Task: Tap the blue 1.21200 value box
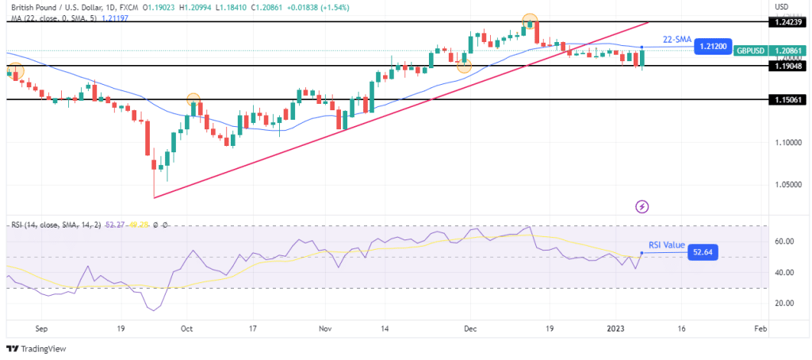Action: (x=711, y=48)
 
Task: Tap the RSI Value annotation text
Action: (x=666, y=245)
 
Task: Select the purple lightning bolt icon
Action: (x=642, y=206)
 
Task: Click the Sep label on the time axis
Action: (x=42, y=327)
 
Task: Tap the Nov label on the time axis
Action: (x=325, y=327)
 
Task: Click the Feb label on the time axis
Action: (x=760, y=327)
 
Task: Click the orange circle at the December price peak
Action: (x=529, y=21)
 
